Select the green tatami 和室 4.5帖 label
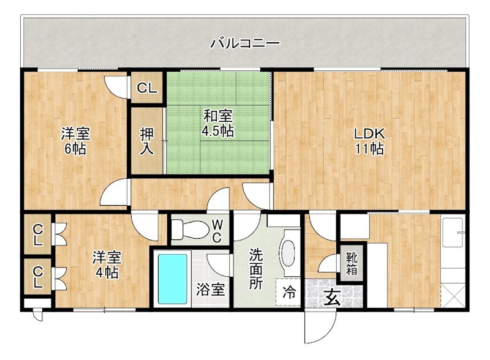pos(218,122)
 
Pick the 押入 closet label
pos(146,140)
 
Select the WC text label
pos(217,230)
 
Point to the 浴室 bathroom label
pos(210,290)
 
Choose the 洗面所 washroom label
pos(256,269)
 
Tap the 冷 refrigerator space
pos(288,293)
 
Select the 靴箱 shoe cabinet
pos(354,261)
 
